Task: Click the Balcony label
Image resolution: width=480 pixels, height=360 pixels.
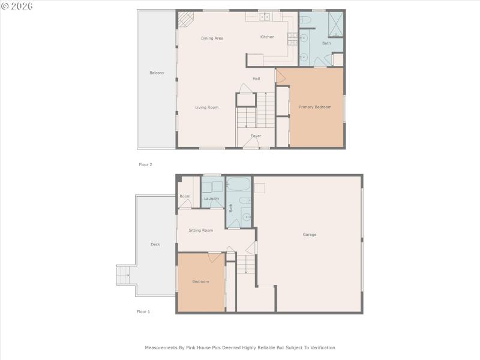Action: tap(157, 73)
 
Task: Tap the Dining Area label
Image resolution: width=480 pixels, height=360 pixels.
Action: tap(212, 38)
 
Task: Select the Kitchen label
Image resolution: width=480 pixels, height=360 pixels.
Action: tap(267, 37)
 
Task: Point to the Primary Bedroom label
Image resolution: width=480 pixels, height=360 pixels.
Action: tap(315, 107)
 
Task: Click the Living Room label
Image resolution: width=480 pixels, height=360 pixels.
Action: tap(206, 107)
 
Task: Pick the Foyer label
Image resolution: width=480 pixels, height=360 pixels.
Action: tap(256, 136)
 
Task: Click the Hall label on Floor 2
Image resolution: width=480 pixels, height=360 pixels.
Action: tap(256, 79)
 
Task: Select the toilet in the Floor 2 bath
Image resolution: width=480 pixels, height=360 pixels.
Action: tap(305, 22)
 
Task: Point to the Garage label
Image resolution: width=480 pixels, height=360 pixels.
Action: tap(309, 234)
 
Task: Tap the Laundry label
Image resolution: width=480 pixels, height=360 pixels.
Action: tap(211, 199)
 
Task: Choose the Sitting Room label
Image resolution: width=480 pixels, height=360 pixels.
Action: tap(200, 230)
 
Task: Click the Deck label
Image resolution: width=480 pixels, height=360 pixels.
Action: tap(155, 244)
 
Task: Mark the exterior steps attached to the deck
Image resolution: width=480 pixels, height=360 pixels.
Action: tap(124, 275)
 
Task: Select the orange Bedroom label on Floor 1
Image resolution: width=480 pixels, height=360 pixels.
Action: tap(200, 281)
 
